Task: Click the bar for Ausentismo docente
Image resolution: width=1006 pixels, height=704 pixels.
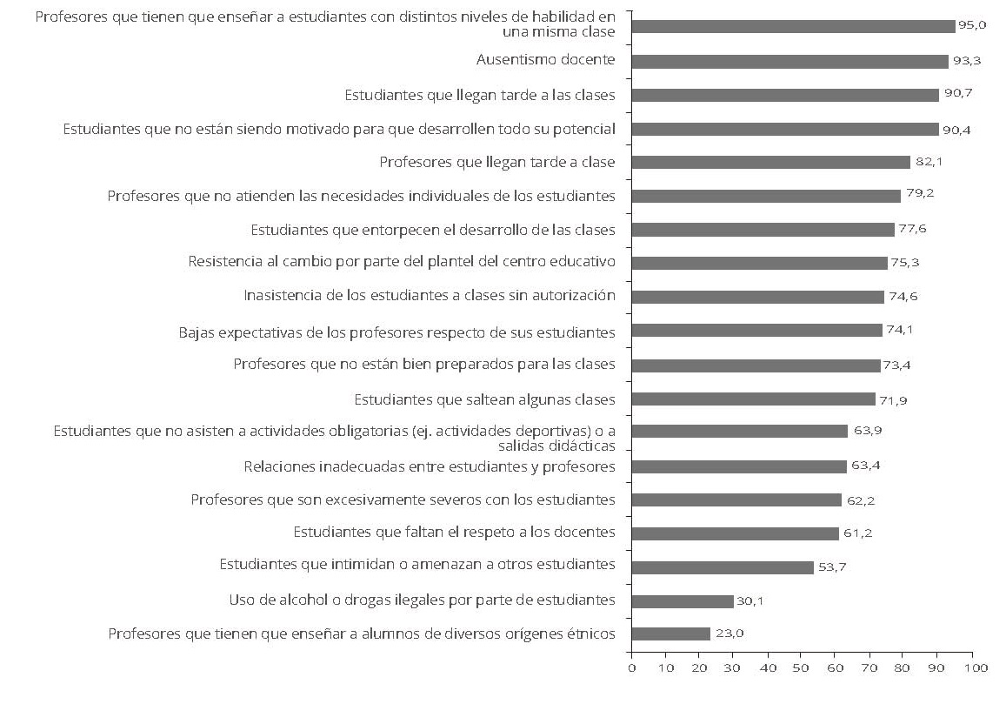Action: pyautogui.click(x=789, y=61)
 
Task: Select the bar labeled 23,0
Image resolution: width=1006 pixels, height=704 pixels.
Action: pyautogui.click(x=670, y=634)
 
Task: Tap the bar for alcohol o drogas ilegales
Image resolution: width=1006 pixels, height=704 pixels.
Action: pyautogui.click(x=683, y=600)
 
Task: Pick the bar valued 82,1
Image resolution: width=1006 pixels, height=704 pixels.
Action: pyautogui.click(x=770, y=162)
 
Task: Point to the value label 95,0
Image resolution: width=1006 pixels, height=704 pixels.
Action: pyautogui.click(x=971, y=25)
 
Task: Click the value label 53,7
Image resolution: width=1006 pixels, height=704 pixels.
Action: pyautogui.click(x=832, y=567)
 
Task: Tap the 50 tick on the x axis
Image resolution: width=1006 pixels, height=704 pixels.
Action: pyautogui.click(x=802, y=667)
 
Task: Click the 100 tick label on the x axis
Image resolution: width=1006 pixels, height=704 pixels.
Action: pyautogui.click(x=971, y=667)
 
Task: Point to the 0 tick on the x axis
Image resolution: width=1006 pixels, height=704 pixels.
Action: pyautogui.click(x=631, y=667)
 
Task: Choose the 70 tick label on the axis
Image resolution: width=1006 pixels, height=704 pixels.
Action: pyautogui.click(x=869, y=667)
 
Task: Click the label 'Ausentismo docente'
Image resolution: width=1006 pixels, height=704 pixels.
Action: pyautogui.click(x=546, y=60)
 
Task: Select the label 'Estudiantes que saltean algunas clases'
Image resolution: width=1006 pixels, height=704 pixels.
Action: pyautogui.click(x=484, y=399)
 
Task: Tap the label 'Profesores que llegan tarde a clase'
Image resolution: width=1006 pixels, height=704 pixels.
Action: pyautogui.click(x=497, y=162)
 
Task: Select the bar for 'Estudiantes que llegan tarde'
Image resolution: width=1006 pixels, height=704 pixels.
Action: pyautogui.click(x=785, y=95)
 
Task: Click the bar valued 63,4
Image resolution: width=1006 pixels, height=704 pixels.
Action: pyautogui.click(x=739, y=466)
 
